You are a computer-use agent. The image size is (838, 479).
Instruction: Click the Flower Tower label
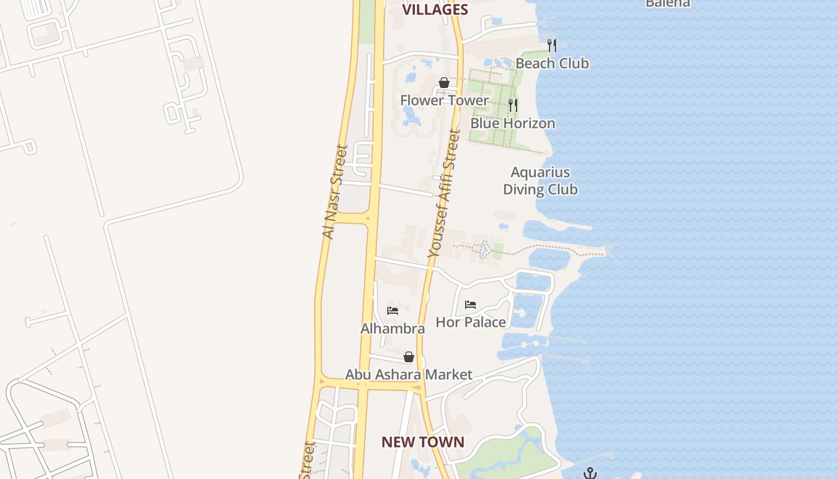click(x=444, y=100)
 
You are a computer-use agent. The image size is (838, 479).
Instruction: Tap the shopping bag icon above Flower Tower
click(x=444, y=83)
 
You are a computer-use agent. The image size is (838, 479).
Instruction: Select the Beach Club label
click(x=552, y=63)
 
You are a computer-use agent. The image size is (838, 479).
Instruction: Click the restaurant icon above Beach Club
click(x=552, y=45)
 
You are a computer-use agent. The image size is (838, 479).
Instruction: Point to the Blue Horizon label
click(x=512, y=123)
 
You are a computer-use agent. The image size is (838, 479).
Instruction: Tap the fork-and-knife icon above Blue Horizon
click(x=513, y=105)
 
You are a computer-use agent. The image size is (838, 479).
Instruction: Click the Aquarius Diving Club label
click(x=540, y=181)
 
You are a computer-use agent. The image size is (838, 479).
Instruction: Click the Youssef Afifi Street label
click(x=445, y=195)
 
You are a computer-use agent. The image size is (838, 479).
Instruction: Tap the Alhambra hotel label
click(x=393, y=328)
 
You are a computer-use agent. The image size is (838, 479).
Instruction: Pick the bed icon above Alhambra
click(x=393, y=310)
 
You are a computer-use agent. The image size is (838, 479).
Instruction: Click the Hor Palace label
click(x=470, y=322)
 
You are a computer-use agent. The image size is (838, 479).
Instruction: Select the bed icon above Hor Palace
click(x=470, y=305)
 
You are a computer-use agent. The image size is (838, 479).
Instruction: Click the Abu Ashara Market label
click(x=409, y=374)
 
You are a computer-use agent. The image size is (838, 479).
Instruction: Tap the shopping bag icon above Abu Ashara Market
click(x=409, y=357)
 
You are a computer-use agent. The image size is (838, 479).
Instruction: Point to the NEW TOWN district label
click(x=423, y=442)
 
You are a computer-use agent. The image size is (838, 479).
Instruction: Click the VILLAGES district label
click(x=435, y=9)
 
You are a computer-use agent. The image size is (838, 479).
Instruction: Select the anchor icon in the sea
click(x=590, y=473)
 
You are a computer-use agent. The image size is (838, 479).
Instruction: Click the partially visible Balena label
click(x=667, y=3)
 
